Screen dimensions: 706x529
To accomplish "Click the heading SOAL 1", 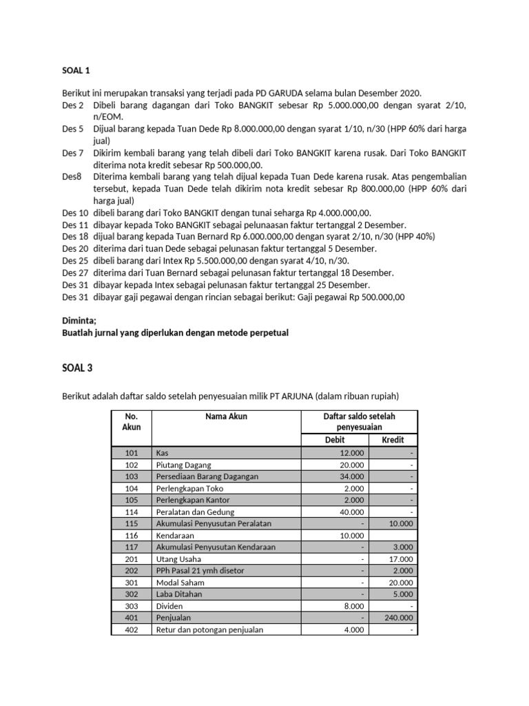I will [x=76, y=70].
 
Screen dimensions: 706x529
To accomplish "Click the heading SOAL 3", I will [x=77, y=368].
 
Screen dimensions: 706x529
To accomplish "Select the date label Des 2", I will [x=72, y=105].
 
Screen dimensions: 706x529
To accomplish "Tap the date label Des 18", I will [x=75, y=236].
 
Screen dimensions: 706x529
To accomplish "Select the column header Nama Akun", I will [x=226, y=416].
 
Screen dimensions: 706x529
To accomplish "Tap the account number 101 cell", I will [x=132, y=453].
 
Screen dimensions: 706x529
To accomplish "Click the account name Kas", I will [x=163, y=453].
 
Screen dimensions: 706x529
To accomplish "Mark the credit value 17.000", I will [x=402, y=559].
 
